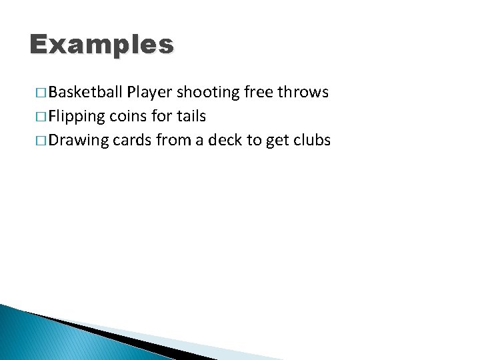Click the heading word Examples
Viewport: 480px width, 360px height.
(x=101, y=45)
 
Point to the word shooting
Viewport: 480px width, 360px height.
(x=209, y=93)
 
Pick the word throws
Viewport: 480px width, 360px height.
(x=303, y=92)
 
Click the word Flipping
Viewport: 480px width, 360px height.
(x=77, y=117)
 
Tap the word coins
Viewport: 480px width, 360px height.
(x=129, y=116)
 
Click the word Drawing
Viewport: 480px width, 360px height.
(x=78, y=141)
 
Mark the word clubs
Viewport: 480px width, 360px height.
(x=311, y=140)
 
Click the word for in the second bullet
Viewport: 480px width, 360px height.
(x=163, y=116)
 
